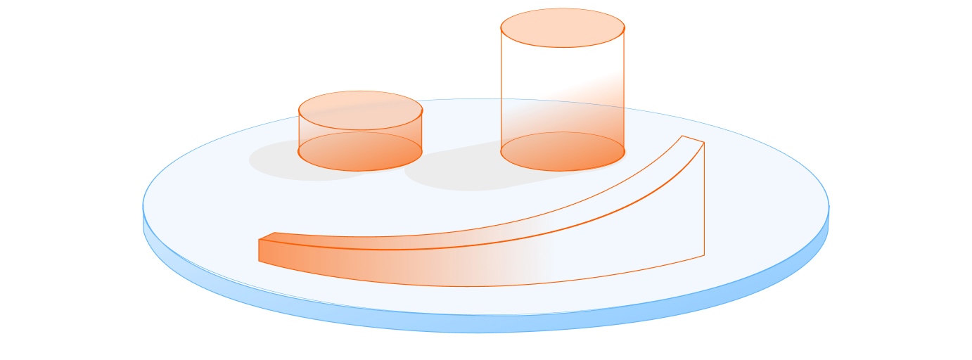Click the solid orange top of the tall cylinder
563,27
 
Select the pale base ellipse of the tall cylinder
563,151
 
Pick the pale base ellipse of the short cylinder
360,151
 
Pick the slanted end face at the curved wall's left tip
267,248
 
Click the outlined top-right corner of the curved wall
703,143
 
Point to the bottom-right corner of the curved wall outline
703,256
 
